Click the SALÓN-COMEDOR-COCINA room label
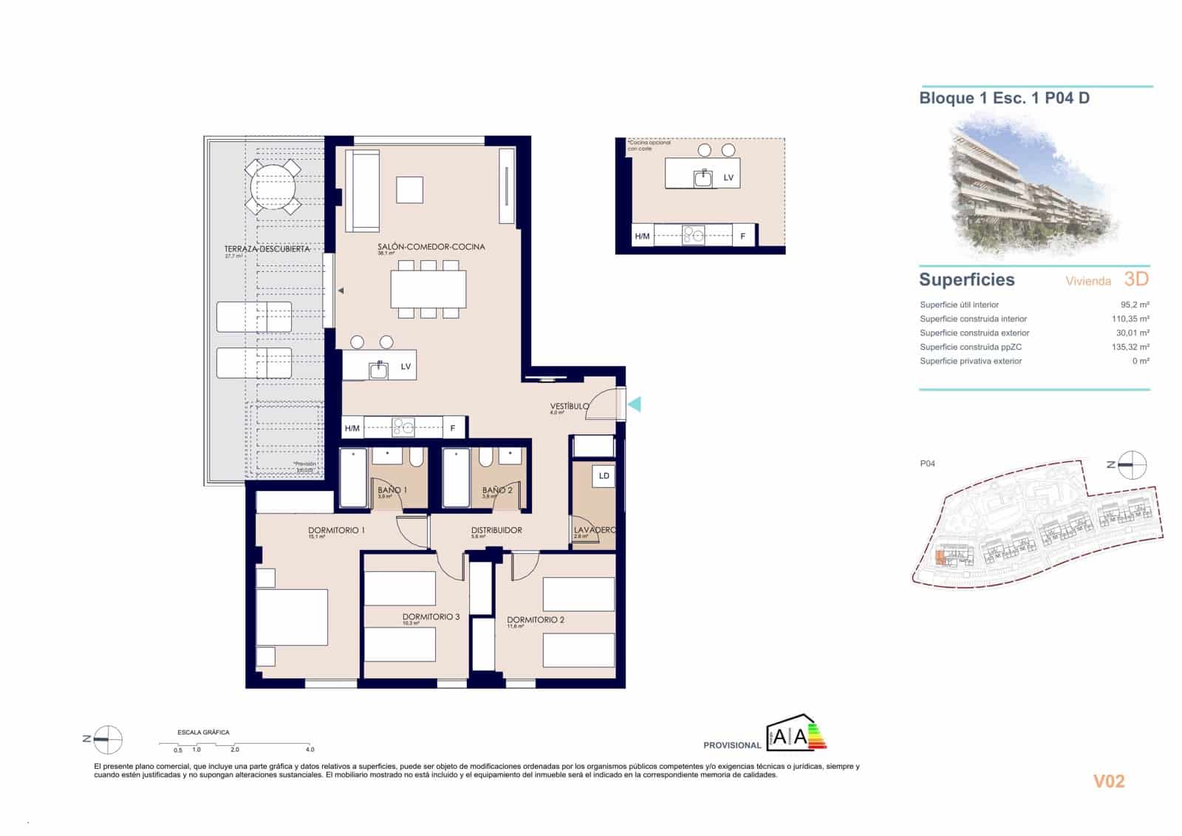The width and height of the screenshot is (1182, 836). [431, 247]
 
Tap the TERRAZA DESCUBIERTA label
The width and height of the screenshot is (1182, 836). [267, 249]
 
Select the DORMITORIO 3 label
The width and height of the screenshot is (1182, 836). [431, 616]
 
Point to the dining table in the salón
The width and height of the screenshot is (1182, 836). [428, 289]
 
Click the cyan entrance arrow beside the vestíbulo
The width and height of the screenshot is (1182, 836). [634, 404]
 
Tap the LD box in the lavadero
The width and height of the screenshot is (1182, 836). [604, 476]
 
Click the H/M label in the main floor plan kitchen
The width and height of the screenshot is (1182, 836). [352, 428]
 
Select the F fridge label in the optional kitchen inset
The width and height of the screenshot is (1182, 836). [743, 237]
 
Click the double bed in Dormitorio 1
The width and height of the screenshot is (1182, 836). [293, 617]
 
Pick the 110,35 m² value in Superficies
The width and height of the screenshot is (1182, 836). [1130, 319]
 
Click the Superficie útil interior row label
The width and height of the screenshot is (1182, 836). [959, 305]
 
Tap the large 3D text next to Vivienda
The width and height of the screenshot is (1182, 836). [1136, 279]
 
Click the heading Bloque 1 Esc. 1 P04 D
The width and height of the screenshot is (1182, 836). [1004, 98]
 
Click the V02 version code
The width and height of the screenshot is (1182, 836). [1108, 781]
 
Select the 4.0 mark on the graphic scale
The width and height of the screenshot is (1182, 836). [310, 750]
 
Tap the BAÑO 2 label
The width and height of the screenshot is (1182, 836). [497, 490]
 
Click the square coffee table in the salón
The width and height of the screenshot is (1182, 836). [409, 190]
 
